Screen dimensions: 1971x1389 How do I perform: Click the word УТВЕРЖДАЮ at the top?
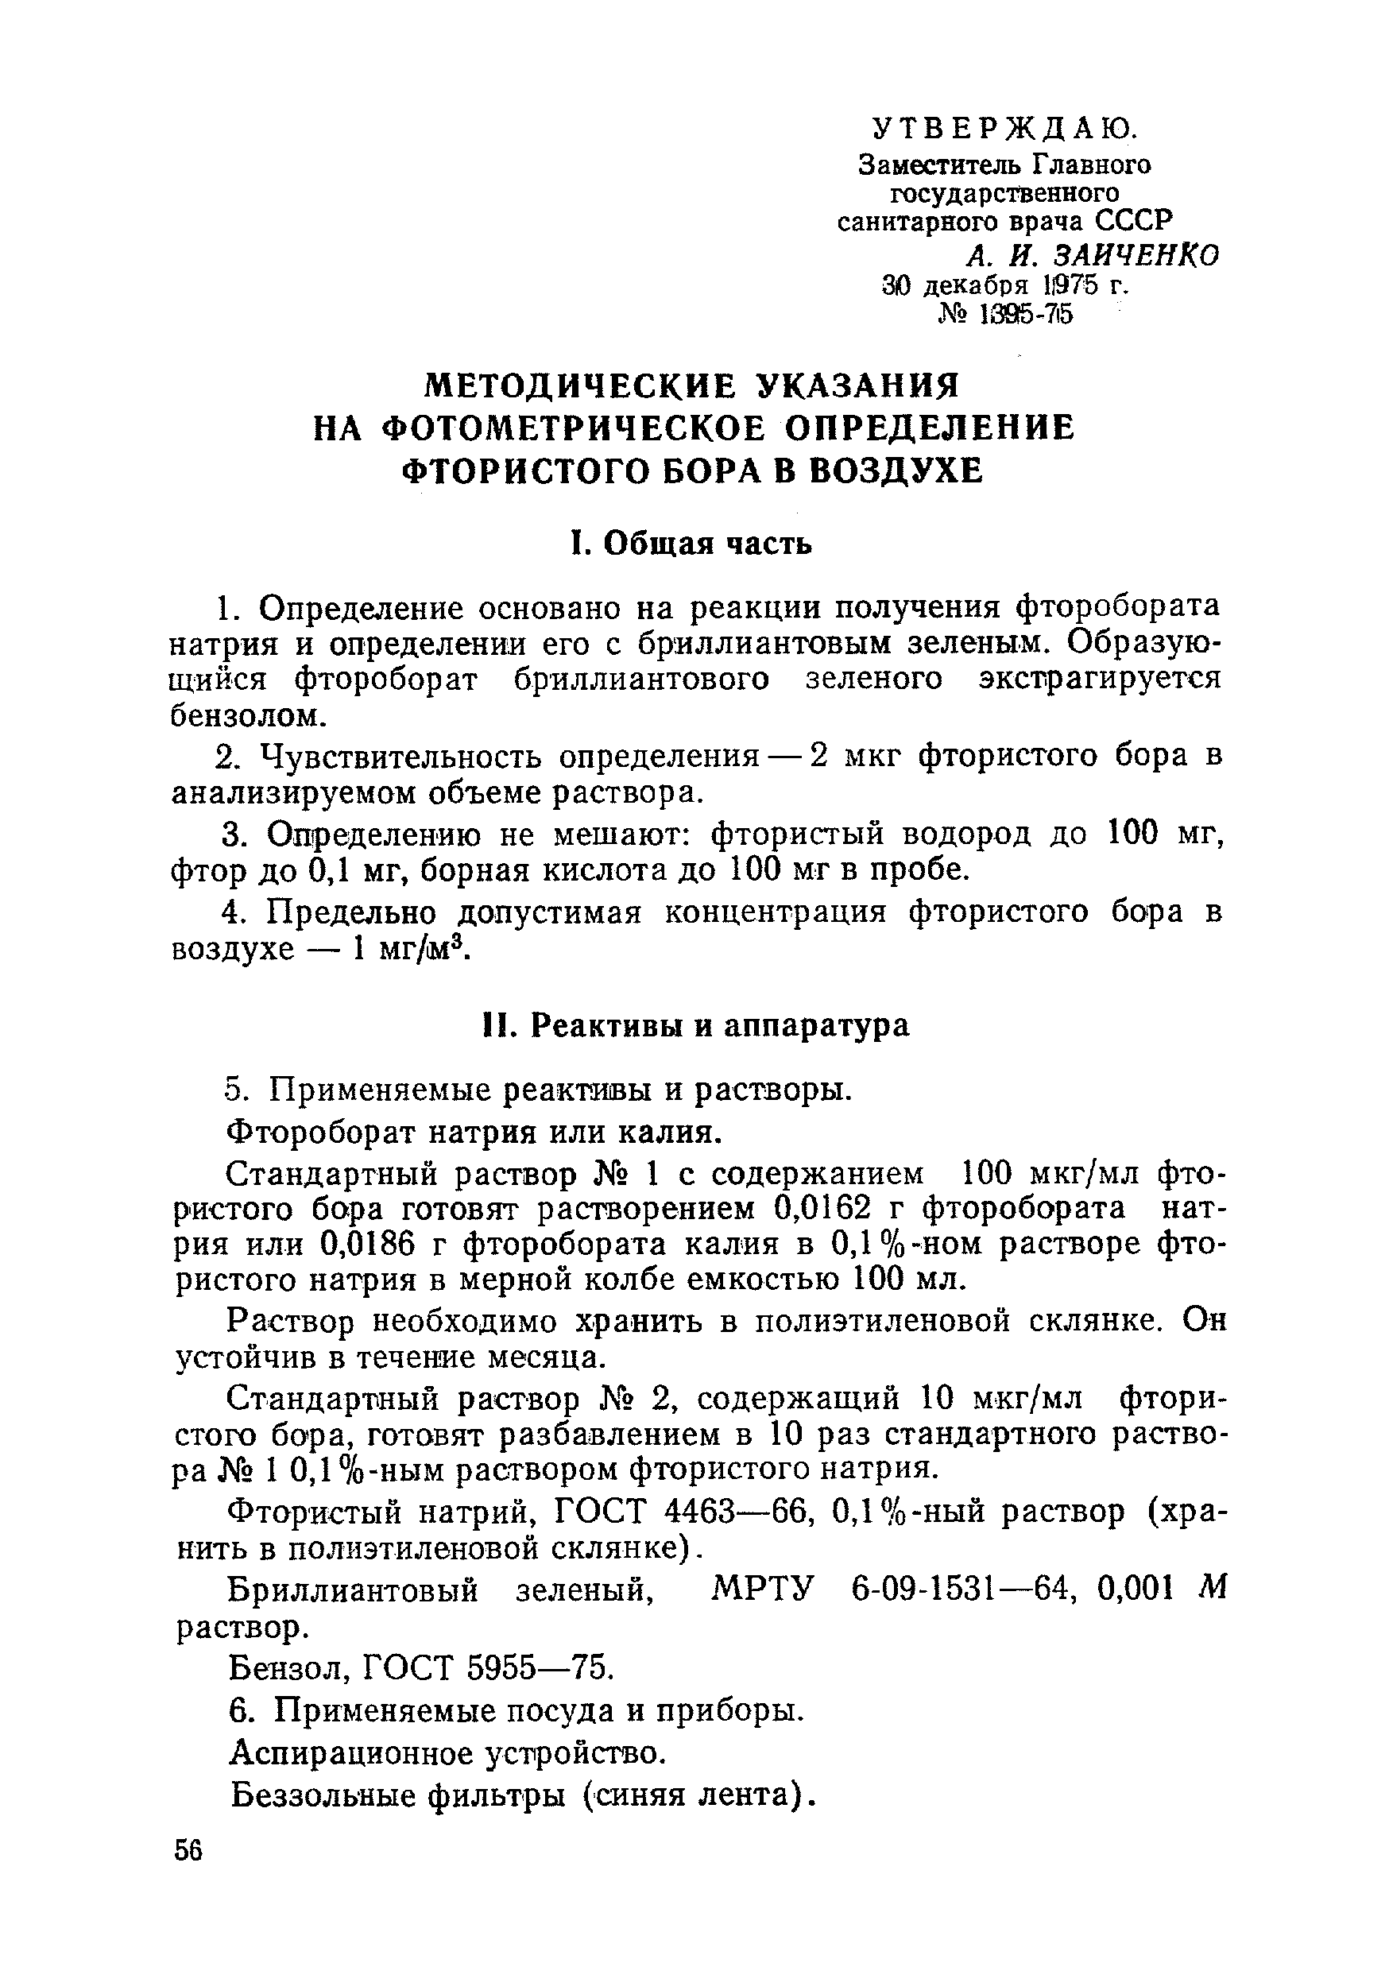point(1004,128)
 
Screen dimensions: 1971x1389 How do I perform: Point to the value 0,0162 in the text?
point(822,1208)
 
